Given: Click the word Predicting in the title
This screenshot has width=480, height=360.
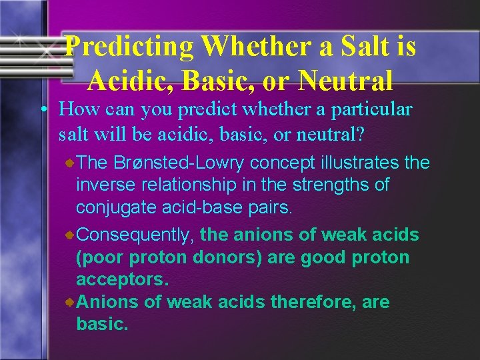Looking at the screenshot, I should (129, 47).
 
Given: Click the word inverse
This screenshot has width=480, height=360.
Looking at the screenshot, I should (103, 184).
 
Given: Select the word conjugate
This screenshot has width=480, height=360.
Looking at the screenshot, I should (116, 207).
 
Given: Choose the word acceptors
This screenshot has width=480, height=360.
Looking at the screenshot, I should (121, 279).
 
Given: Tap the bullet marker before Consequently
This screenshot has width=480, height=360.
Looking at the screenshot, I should (70, 235).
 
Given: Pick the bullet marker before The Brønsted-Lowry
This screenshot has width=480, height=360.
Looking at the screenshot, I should (70, 162).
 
